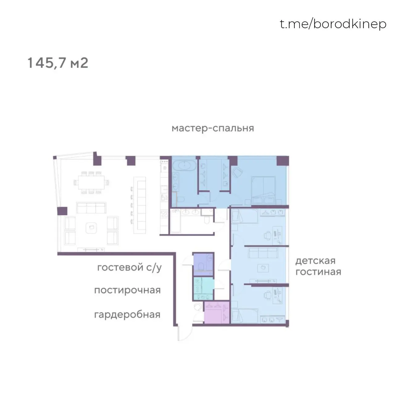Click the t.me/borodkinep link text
(x=333, y=24)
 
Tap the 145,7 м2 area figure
(x=58, y=63)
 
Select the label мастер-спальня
(x=213, y=128)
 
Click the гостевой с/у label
(x=129, y=268)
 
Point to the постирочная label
(x=127, y=290)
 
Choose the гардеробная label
(x=127, y=315)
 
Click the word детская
(x=315, y=261)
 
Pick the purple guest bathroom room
(x=203, y=264)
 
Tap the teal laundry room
(x=204, y=289)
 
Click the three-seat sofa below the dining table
(x=91, y=208)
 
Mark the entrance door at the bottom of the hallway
(x=179, y=333)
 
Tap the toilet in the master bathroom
(x=181, y=199)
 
